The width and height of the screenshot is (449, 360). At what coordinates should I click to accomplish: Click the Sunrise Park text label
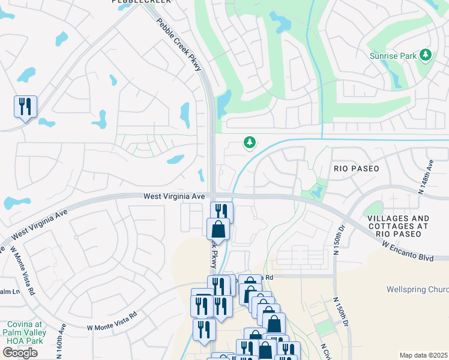click(392, 56)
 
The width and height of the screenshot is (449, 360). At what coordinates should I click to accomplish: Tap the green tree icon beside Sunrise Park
click(426, 55)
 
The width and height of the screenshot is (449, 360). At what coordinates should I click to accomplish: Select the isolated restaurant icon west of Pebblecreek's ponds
click(25, 107)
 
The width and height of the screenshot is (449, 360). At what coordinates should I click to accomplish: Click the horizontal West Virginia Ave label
click(175, 196)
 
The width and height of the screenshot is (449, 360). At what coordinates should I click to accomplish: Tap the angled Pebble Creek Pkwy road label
click(179, 45)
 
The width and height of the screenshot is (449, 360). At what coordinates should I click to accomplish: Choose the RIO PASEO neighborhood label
click(356, 169)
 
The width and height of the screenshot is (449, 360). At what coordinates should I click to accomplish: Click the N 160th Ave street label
click(62, 342)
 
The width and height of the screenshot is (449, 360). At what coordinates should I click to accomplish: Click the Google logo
click(20, 352)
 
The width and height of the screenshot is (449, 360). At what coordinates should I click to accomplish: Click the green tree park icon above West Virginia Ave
click(249, 142)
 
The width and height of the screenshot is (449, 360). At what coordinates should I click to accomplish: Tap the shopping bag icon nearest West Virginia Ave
click(218, 230)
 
